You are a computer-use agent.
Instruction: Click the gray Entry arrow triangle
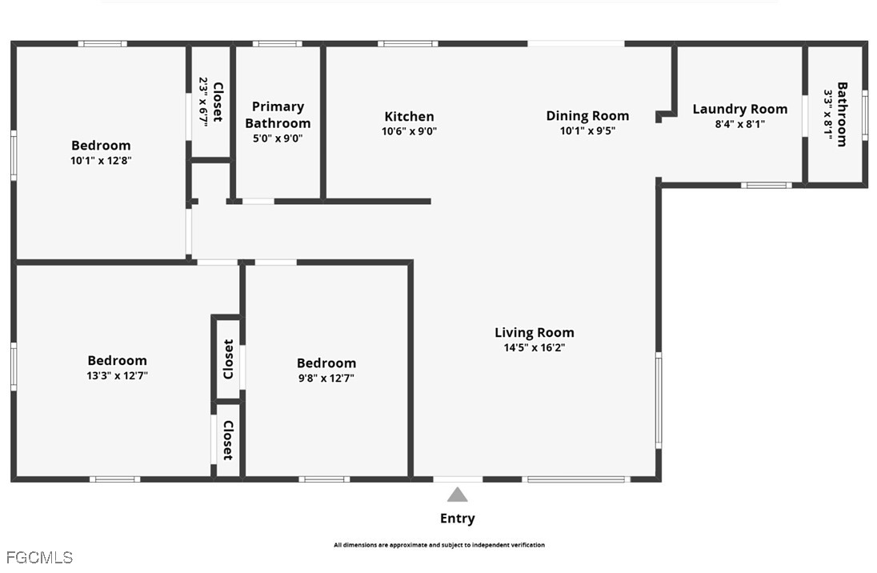tap(458, 495)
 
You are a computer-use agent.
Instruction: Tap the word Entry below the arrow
tap(458, 519)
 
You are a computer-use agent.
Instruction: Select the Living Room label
tap(535, 332)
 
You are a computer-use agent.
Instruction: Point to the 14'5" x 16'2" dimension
tap(535, 347)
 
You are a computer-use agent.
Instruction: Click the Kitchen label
tap(409, 116)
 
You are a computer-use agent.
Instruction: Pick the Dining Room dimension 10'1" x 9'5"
tap(587, 130)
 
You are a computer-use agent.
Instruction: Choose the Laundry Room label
tap(740, 109)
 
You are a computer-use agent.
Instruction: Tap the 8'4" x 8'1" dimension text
tap(740, 124)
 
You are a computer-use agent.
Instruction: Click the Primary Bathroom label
tap(278, 114)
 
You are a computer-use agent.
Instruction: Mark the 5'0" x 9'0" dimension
tap(278, 138)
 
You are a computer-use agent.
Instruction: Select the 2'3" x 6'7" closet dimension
tap(203, 102)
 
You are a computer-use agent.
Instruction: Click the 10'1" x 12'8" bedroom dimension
tap(101, 161)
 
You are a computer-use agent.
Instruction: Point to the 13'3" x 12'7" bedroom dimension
tap(117, 375)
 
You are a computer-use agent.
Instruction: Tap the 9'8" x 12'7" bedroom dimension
tap(326, 378)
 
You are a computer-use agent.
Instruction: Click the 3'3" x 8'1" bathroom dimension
tap(827, 114)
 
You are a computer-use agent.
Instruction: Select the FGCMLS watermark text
tap(39, 557)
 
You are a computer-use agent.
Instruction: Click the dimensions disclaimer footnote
tap(439, 544)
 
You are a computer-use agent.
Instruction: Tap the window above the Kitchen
tap(408, 44)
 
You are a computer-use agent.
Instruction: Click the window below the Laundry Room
tap(767, 185)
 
